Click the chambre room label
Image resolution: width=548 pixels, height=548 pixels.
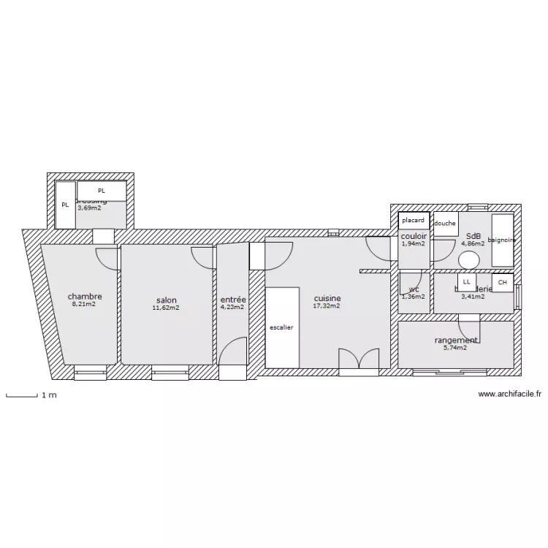point(85,297)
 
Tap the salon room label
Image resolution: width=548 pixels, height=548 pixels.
point(167,300)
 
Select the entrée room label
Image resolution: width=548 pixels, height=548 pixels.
point(233,300)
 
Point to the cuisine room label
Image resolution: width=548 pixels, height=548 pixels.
point(327,298)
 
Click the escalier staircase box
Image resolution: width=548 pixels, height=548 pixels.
point(281,327)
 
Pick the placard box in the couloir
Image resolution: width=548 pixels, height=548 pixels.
point(413,220)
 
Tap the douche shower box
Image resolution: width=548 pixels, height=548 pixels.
point(445,224)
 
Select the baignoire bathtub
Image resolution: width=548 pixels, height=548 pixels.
point(502,240)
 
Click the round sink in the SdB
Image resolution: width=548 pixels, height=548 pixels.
point(469,260)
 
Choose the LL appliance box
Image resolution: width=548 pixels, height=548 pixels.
point(466,281)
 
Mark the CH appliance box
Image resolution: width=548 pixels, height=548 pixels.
point(502,282)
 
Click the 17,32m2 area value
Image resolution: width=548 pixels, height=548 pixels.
point(327,306)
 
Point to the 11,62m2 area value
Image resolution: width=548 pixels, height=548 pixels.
point(166,308)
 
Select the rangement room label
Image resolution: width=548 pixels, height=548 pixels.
point(456,340)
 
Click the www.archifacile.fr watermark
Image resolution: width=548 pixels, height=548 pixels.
point(510,394)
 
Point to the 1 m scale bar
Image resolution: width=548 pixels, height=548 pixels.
point(22,396)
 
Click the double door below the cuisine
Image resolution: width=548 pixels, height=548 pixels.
point(359,360)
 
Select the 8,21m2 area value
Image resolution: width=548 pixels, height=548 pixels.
point(84,305)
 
